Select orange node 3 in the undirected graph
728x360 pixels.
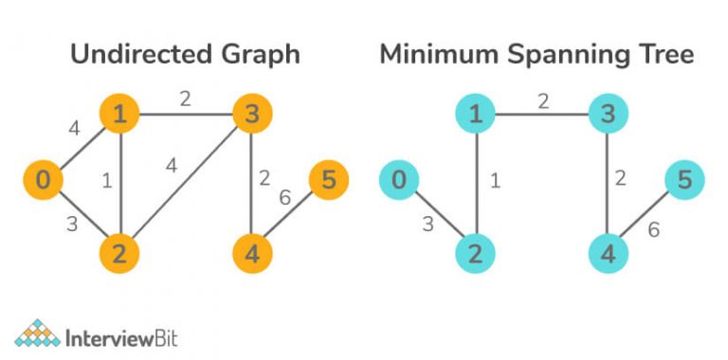[x=252, y=116]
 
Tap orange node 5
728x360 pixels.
[x=328, y=179]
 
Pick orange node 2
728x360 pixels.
[x=121, y=253]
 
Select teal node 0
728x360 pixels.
[x=399, y=178]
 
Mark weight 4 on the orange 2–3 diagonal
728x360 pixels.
[x=171, y=165]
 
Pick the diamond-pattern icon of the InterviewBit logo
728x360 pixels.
[x=36, y=333]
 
